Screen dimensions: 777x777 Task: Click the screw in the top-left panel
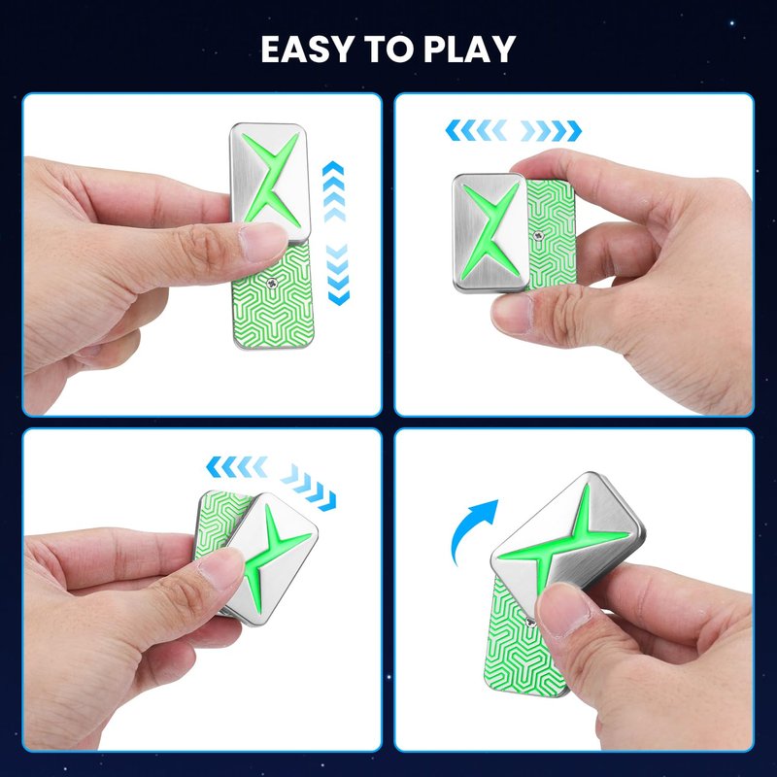pos(271,283)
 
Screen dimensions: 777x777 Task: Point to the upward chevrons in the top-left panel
pos(333,191)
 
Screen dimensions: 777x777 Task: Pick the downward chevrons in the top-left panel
pos(338,274)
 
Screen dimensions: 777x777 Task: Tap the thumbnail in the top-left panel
pos(261,243)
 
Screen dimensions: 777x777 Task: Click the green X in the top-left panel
pos(271,180)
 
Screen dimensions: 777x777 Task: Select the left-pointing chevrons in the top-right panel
pos(476,130)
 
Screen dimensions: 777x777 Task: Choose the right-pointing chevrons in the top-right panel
pos(551,130)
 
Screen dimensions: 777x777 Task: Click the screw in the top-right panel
pos(537,236)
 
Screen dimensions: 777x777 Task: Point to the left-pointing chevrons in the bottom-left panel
pos(236,467)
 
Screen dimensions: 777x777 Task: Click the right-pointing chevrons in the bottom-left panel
pos(308,488)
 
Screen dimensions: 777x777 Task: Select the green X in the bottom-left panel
pos(274,559)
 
